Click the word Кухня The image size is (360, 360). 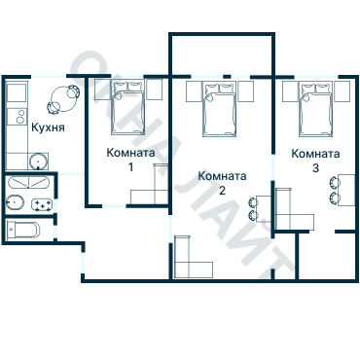(x=48, y=127)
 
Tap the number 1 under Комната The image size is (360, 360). (x=130, y=167)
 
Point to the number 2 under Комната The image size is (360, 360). (x=222, y=191)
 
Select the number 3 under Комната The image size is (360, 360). (x=315, y=168)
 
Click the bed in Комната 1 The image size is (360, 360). (x=127, y=108)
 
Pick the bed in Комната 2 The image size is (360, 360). (x=219, y=109)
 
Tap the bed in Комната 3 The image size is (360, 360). (x=316, y=109)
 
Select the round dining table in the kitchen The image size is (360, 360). (x=62, y=98)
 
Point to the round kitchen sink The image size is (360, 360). (x=39, y=162)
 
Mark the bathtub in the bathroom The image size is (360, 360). (x=28, y=183)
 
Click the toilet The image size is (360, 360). (x=22, y=230)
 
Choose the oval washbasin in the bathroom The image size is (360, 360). (x=15, y=203)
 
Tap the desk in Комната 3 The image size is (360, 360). (x=346, y=190)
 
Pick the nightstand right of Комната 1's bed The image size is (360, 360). (x=155, y=90)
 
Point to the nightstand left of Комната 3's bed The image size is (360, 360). (x=290, y=91)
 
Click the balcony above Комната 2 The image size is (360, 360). (x=222, y=55)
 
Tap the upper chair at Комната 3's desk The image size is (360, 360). (x=334, y=183)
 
